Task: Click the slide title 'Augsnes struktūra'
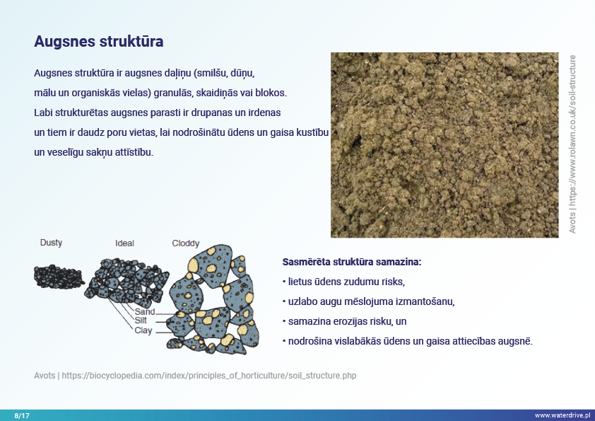[x=99, y=42]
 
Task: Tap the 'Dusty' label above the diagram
[x=51, y=243]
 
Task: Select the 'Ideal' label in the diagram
[x=124, y=243]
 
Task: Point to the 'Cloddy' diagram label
[x=186, y=243]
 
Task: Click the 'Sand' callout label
[x=145, y=311]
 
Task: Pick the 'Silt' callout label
[x=141, y=321]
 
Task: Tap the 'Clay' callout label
[x=143, y=330]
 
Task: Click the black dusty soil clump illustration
[x=59, y=277]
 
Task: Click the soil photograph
[x=444, y=145]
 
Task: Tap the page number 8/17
[x=22, y=415]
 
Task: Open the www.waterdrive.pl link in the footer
[x=562, y=415]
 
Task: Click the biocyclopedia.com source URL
[x=209, y=376]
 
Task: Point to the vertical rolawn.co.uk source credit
[x=572, y=144]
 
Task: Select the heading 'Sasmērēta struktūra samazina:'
[x=352, y=262]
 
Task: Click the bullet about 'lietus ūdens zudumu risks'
[x=344, y=282]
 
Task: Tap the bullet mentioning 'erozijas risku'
[x=345, y=321]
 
